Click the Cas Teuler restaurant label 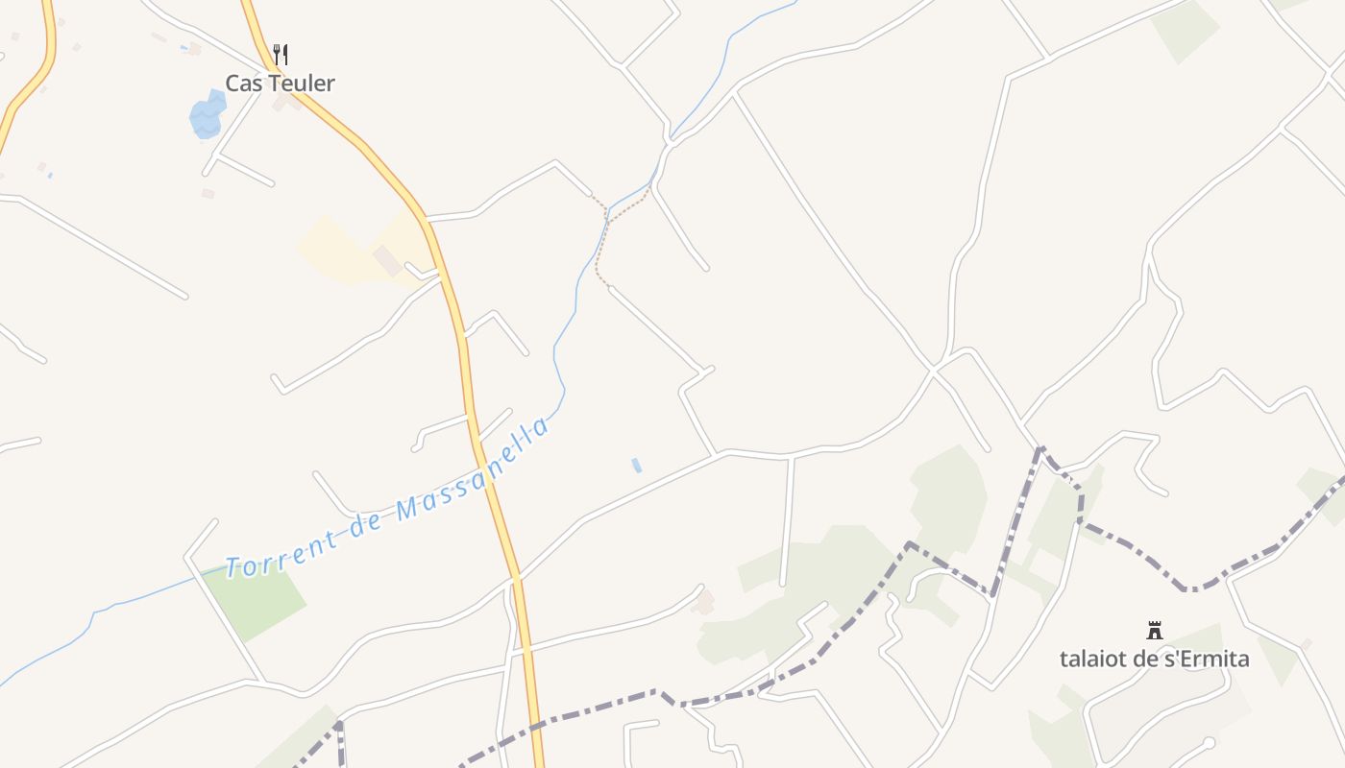pyautogui.click(x=280, y=84)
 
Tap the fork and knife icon pyautogui.click(x=281, y=54)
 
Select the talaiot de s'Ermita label pyautogui.click(x=1154, y=660)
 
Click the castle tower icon pyautogui.click(x=1155, y=631)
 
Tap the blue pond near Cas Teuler pyautogui.click(x=208, y=115)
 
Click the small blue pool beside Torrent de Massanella pyautogui.click(x=636, y=466)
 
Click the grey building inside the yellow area pyautogui.click(x=387, y=259)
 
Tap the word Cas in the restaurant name pyautogui.click(x=243, y=84)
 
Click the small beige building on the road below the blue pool pyautogui.click(x=704, y=602)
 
